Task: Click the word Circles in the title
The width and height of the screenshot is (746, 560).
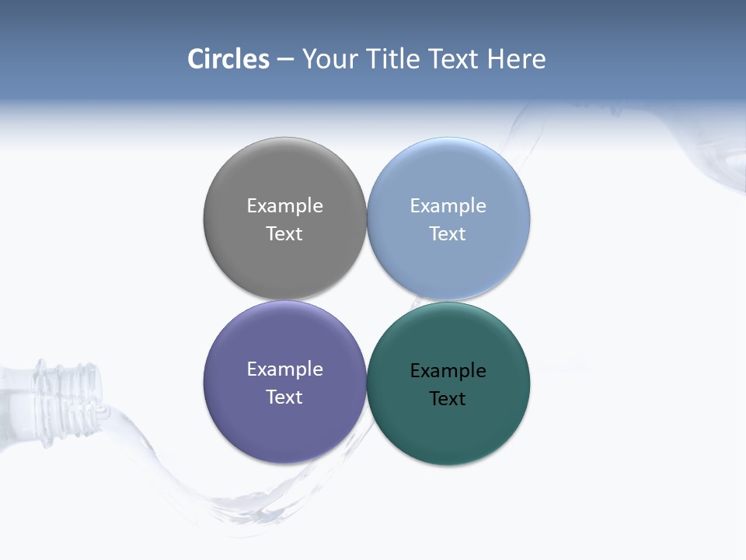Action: pyautogui.click(x=228, y=59)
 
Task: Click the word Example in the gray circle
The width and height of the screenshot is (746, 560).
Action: pyautogui.click(x=284, y=206)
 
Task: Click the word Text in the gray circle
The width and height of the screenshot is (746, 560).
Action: pyautogui.click(x=284, y=234)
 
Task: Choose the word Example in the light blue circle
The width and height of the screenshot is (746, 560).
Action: pyautogui.click(x=448, y=206)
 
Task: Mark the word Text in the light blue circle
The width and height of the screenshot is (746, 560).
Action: pyautogui.click(x=448, y=234)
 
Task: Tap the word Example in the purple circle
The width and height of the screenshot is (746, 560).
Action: pyautogui.click(x=284, y=369)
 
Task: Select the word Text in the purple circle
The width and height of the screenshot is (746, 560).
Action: pyautogui.click(x=284, y=397)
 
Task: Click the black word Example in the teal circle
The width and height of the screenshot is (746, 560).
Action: pyautogui.click(x=448, y=371)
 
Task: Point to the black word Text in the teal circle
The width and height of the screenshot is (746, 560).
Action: pyautogui.click(x=448, y=399)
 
